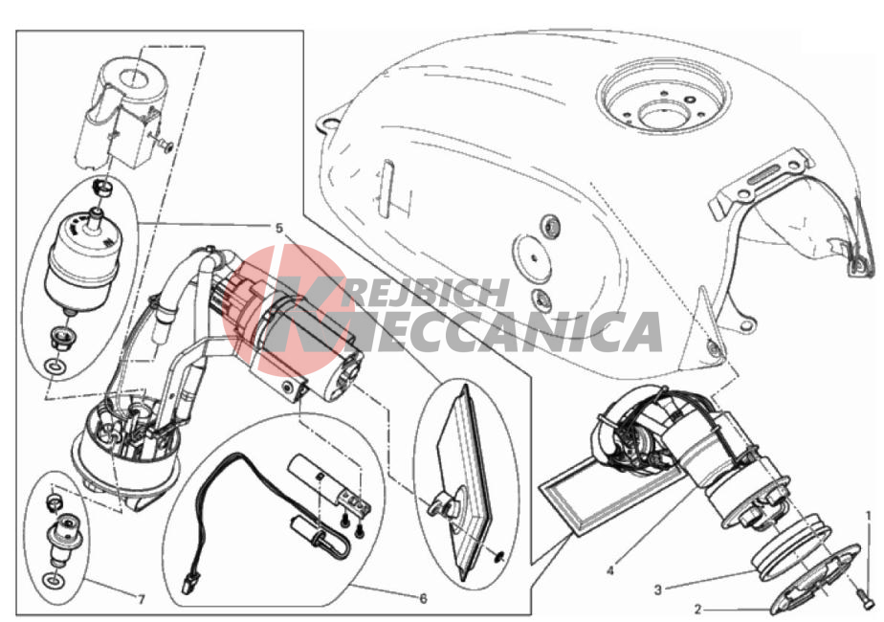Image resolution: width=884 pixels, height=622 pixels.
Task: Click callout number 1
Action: tap(869, 516)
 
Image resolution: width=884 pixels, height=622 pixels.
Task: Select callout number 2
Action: tap(698, 610)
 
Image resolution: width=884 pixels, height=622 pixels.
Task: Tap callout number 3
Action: tap(657, 589)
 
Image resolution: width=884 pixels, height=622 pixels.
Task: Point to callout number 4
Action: tap(610, 570)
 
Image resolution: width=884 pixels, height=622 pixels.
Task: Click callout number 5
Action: tap(279, 228)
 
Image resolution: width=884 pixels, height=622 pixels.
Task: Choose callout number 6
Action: tap(424, 598)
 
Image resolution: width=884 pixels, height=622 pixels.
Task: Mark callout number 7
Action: tap(142, 599)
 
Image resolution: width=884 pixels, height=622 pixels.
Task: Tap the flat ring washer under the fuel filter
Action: tap(55, 367)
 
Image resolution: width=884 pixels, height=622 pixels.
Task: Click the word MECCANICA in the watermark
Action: tap(474, 333)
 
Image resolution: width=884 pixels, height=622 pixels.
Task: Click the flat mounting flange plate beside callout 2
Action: tap(815, 581)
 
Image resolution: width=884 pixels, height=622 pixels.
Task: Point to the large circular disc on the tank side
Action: tap(532, 257)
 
